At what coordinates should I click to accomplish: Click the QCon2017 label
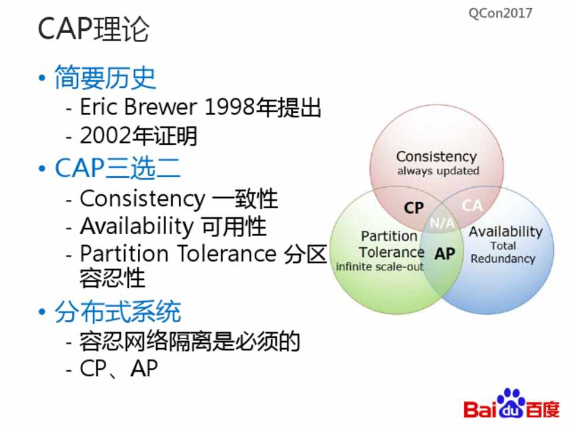click(x=500, y=14)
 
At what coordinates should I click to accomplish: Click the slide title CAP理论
click(x=93, y=29)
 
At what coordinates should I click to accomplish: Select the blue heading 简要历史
click(x=105, y=78)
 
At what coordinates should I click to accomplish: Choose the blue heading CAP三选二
click(x=118, y=168)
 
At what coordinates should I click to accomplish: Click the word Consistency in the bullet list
click(x=142, y=199)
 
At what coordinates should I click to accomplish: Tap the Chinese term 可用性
click(x=234, y=226)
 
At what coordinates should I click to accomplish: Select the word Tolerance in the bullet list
click(x=227, y=253)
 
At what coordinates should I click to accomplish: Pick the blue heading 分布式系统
click(x=118, y=311)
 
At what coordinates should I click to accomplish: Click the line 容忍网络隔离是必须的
click(x=189, y=342)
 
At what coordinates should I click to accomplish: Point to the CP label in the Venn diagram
click(x=414, y=208)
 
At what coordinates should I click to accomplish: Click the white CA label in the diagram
click(x=472, y=206)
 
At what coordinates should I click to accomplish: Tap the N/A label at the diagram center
click(x=442, y=222)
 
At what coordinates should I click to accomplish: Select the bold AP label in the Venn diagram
click(x=445, y=254)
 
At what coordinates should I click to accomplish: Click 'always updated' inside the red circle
click(x=438, y=171)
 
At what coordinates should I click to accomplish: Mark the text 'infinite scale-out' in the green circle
click(x=380, y=267)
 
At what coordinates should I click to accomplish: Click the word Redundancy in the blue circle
click(x=503, y=259)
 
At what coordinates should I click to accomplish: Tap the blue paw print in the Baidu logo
click(x=511, y=403)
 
